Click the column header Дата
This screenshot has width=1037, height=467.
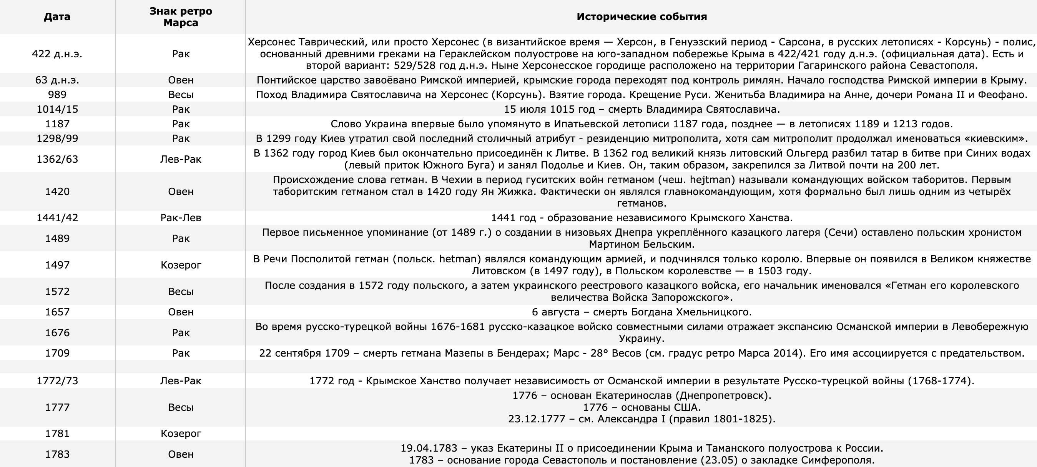tap(57, 17)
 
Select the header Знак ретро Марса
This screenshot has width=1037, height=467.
tap(181, 17)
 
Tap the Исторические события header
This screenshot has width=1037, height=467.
tap(641, 17)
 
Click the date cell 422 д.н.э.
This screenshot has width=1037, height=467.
tap(57, 54)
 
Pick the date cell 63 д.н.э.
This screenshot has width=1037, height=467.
tap(57, 80)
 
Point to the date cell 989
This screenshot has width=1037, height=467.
tap(57, 95)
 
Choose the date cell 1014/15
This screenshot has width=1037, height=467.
tap(57, 109)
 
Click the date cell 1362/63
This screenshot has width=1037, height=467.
tap(57, 159)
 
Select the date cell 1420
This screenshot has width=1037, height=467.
tap(57, 192)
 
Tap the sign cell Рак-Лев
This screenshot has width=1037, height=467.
tap(181, 218)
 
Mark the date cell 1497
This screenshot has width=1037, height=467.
tap(57, 265)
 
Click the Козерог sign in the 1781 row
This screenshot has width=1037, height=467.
tap(181, 434)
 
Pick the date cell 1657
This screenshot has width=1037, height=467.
tap(57, 312)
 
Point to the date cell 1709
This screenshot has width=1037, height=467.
tap(57, 353)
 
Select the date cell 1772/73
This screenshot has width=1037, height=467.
tap(57, 381)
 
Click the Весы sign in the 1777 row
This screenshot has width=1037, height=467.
tap(181, 407)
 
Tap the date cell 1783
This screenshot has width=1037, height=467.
tap(57, 454)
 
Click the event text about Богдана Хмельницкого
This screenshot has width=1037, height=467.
tap(641, 312)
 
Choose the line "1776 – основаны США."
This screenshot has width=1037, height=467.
tap(641, 407)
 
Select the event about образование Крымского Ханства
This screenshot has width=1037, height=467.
tap(641, 218)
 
